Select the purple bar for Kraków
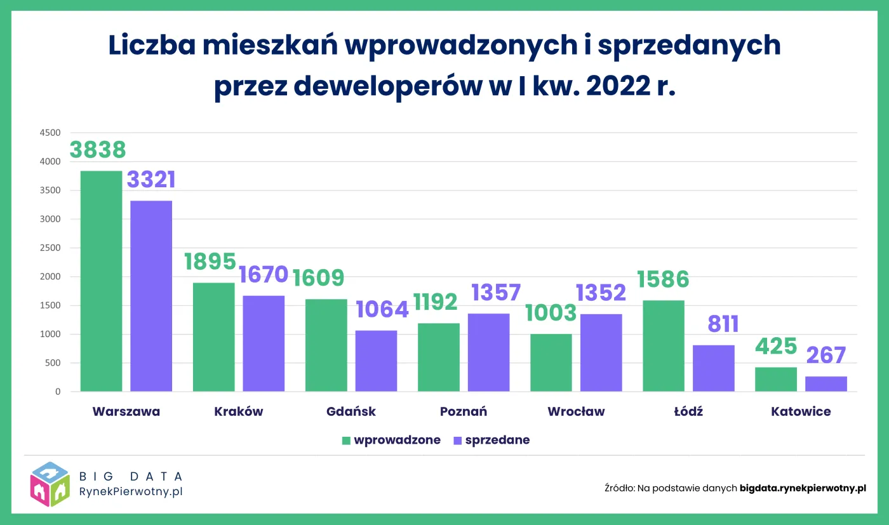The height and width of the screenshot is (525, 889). pos(264,343)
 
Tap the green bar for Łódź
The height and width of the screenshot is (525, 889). pos(664,346)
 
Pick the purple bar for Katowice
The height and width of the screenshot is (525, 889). pos(826,384)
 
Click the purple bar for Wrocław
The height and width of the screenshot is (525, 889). pos(601,353)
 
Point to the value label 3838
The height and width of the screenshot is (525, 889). pos(98,150)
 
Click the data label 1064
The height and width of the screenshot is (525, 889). pos(382,309)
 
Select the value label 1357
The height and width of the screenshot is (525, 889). pos(495,293)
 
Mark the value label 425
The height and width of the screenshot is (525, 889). pos(776,347)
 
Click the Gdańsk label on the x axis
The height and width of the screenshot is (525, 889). pos(351,411)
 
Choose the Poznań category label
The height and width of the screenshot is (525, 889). pos(464,411)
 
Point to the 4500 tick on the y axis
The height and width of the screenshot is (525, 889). pos(50,133)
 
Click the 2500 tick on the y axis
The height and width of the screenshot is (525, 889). pos(50,248)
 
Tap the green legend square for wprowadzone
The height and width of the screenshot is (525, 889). pos(346,441)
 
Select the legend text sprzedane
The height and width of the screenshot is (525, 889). pos(497,441)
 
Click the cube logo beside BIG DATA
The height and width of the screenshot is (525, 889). pos(50,484)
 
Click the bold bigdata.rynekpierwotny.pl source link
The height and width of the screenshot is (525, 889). pos(803,488)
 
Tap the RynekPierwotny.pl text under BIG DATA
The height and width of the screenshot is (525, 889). pos(131,491)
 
